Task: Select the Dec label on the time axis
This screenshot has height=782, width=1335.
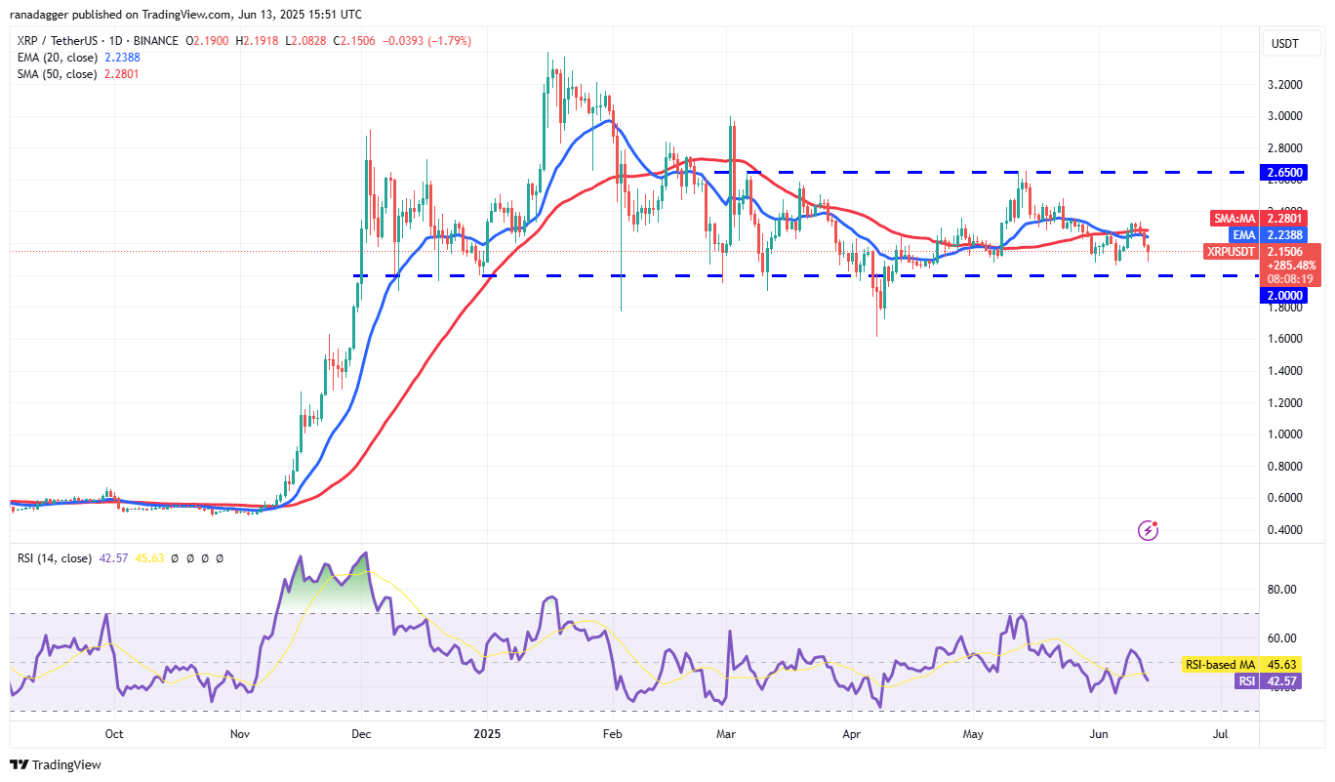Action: pyautogui.click(x=361, y=733)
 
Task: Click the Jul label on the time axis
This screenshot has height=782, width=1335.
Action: pyautogui.click(x=1220, y=733)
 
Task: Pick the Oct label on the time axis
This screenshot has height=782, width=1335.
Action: pyautogui.click(x=113, y=733)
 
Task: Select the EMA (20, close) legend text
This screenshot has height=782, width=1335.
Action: pyautogui.click(x=57, y=58)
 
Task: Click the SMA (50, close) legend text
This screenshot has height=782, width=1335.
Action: pyautogui.click(x=57, y=73)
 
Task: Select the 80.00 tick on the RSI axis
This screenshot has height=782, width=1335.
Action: pyautogui.click(x=1282, y=590)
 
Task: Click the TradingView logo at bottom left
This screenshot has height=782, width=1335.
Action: pyautogui.click(x=57, y=764)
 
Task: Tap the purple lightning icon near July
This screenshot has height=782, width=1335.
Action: pyautogui.click(x=1149, y=530)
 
